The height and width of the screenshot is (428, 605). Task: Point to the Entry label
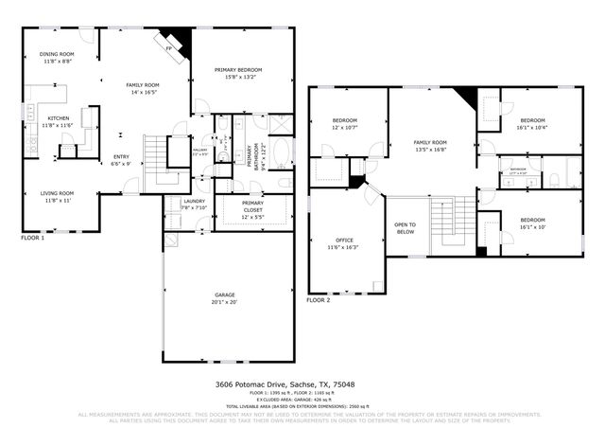pos(122,160)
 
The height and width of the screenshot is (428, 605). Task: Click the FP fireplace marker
pos(169,47)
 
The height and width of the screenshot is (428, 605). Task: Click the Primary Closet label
pos(252,214)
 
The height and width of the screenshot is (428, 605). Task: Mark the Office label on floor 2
pos(344,243)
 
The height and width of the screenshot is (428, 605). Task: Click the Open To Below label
pos(406,227)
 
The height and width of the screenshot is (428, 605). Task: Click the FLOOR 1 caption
pos(32,237)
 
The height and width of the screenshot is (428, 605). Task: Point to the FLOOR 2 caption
pos(318,299)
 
